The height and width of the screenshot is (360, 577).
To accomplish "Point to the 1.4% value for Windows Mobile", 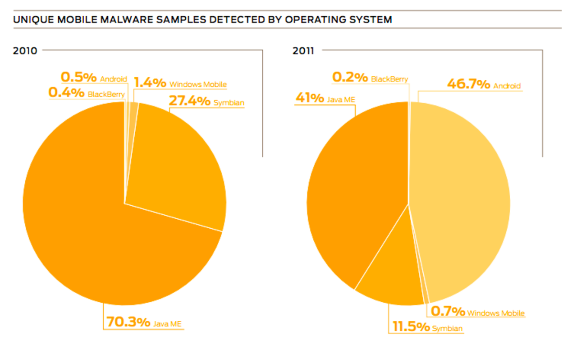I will coord(150,83).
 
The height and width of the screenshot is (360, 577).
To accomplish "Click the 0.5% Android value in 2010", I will coord(76,77).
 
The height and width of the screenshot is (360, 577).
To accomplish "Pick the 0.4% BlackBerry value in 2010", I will coord(66,93).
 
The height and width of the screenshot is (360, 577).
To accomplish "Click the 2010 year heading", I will coord(25,51).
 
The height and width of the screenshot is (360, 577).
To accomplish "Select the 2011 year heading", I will coord(303,51).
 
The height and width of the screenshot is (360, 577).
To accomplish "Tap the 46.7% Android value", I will coord(468,84).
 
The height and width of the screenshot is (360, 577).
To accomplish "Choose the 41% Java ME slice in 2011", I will coord(356,189).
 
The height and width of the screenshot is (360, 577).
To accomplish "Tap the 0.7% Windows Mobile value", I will coord(448,311).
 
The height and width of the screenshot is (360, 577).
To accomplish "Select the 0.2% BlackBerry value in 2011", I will coord(350,78).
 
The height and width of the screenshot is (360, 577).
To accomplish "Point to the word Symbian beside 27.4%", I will coord(229,103).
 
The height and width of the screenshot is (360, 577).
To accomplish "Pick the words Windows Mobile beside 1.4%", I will coord(198,84).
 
